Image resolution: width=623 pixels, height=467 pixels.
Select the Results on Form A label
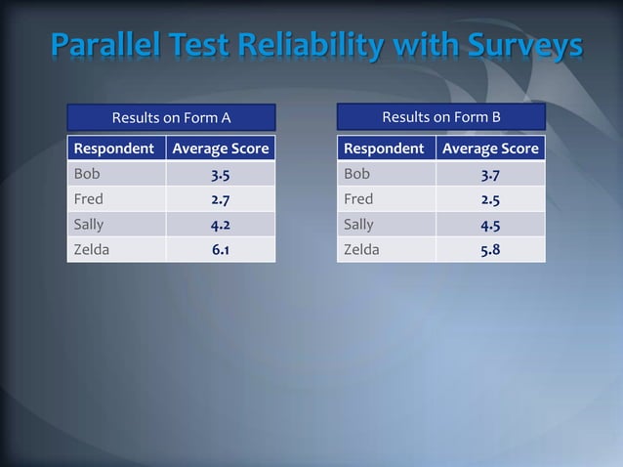(x=171, y=118)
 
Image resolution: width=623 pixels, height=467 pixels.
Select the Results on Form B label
(x=441, y=117)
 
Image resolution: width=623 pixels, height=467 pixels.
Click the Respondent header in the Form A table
(x=114, y=149)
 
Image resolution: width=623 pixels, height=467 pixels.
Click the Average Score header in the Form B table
(x=490, y=149)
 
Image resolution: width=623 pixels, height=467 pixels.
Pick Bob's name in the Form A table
(x=87, y=174)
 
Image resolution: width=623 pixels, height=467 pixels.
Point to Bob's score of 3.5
(x=221, y=175)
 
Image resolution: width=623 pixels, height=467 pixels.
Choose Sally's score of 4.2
(x=221, y=225)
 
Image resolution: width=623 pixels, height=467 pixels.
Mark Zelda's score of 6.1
(x=221, y=249)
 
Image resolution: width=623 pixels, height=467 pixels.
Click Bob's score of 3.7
(x=490, y=175)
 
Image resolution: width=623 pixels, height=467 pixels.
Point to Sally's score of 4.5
(x=490, y=225)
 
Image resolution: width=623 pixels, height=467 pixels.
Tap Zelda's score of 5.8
(x=490, y=249)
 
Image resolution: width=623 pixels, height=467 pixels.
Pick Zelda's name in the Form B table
(x=361, y=249)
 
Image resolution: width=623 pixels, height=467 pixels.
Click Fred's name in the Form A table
(x=89, y=199)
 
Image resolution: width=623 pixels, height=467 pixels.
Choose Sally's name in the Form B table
(x=358, y=225)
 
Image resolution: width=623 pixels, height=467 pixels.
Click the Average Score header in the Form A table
(x=221, y=149)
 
